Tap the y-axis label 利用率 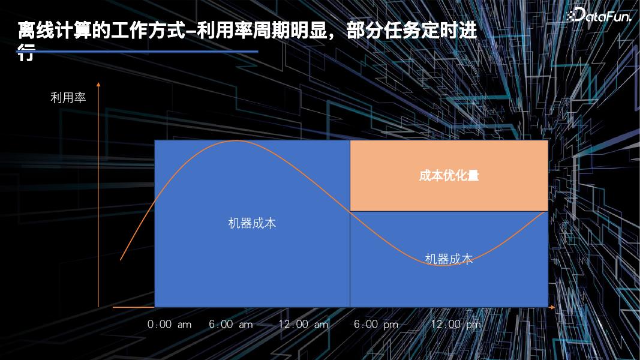coord(68,98)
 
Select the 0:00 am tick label coord(170,325)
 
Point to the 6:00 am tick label coord(231,325)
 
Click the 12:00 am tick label coord(304,325)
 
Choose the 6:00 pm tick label coord(376,325)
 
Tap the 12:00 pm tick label coord(456,325)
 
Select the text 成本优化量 coord(449,176)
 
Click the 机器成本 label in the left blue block coord(252,223)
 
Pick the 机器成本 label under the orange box coord(449,259)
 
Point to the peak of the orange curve coord(237,141)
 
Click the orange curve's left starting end coord(121,260)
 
